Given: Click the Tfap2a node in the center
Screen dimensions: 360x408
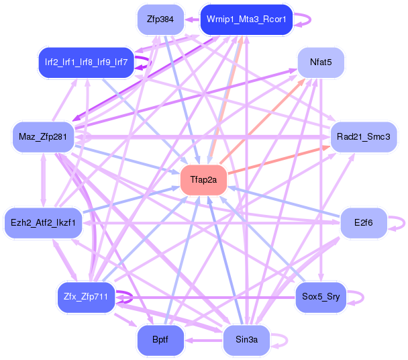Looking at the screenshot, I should [203, 180].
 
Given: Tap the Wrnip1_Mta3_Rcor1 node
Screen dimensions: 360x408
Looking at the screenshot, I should [246, 19].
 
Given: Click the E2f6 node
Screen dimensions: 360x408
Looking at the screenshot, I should [361, 222].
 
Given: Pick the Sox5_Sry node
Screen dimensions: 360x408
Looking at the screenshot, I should [319, 297].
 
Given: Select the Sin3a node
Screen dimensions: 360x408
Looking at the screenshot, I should [246, 341].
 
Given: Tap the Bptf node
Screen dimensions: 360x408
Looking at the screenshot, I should [160, 341].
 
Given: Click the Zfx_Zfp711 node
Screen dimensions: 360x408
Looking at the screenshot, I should [85, 297].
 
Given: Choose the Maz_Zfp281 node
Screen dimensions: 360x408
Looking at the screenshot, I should [43, 137].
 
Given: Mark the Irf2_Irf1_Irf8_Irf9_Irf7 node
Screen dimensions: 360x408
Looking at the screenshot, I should [86, 62].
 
